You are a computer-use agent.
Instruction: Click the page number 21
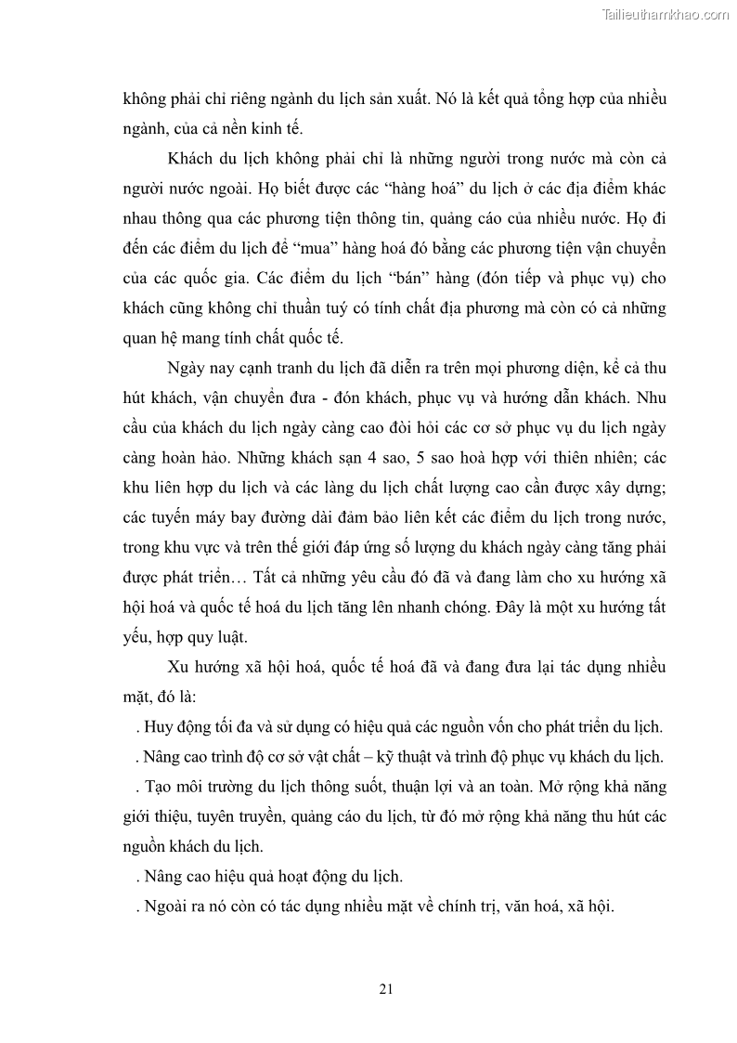tap(387, 988)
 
